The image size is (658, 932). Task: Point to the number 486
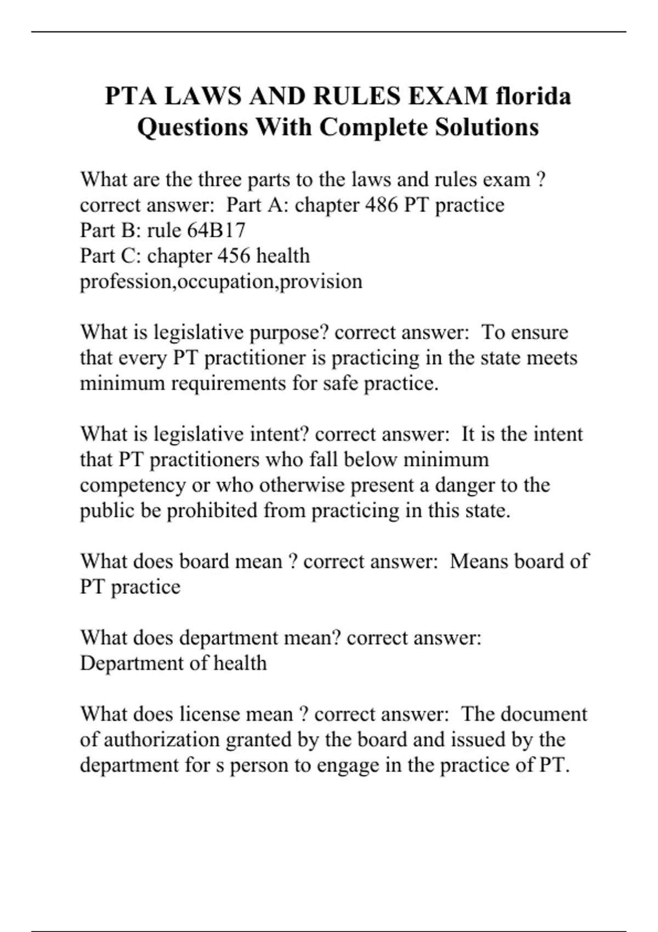tap(382, 205)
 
